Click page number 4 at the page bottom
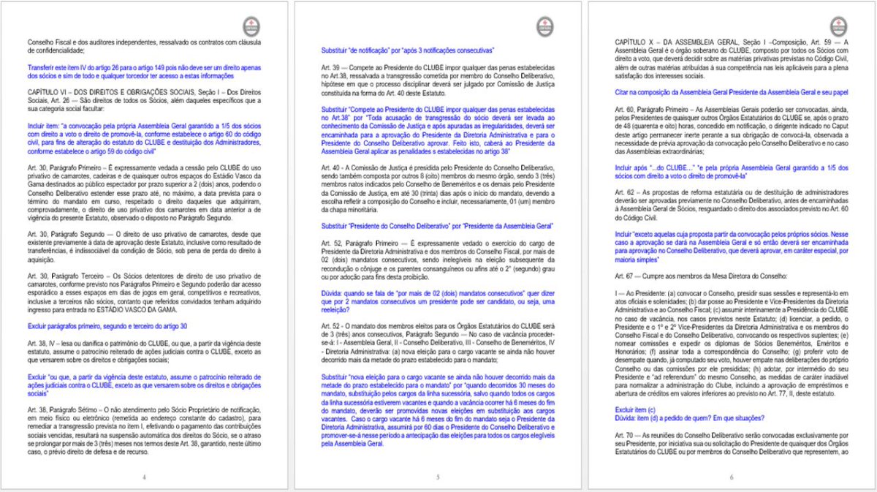coord(144,477)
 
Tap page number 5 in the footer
coord(437,477)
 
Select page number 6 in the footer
coord(731,477)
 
